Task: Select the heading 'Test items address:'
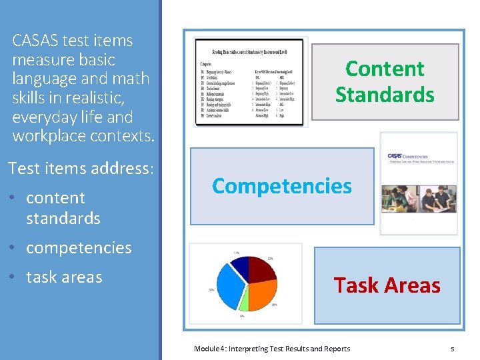click(x=81, y=169)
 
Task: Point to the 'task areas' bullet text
click(x=64, y=277)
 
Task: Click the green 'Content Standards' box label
click(x=385, y=81)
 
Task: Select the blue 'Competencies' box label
click(x=281, y=186)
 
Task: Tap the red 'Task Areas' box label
click(x=387, y=285)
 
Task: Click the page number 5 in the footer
click(x=452, y=349)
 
